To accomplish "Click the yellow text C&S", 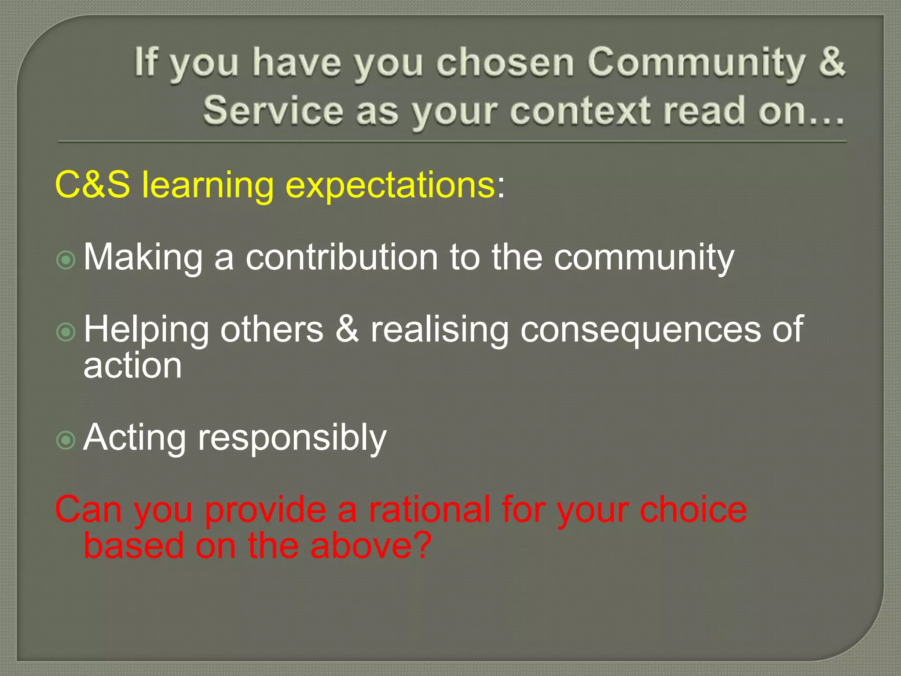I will (x=92, y=185).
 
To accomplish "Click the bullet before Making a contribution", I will (x=66, y=260).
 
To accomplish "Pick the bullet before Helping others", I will (x=66, y=332).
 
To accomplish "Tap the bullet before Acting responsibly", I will (x=66, y=440).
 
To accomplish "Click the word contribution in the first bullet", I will (x=341, y=257).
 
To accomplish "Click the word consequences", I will (x=640, y=330).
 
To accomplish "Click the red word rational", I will (x=429, y=510).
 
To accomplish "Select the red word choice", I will (x=693, y=510).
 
